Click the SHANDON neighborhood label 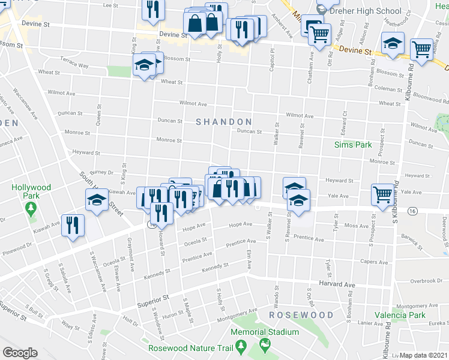pos(223,122)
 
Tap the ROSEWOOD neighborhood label pos(301,315)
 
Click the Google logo pos(20,353)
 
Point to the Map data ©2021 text pos(424,355)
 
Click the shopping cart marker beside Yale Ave pos(382,194)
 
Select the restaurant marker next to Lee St pos(152,9)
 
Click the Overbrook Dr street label pos(426,281)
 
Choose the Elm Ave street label pos(249,259)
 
